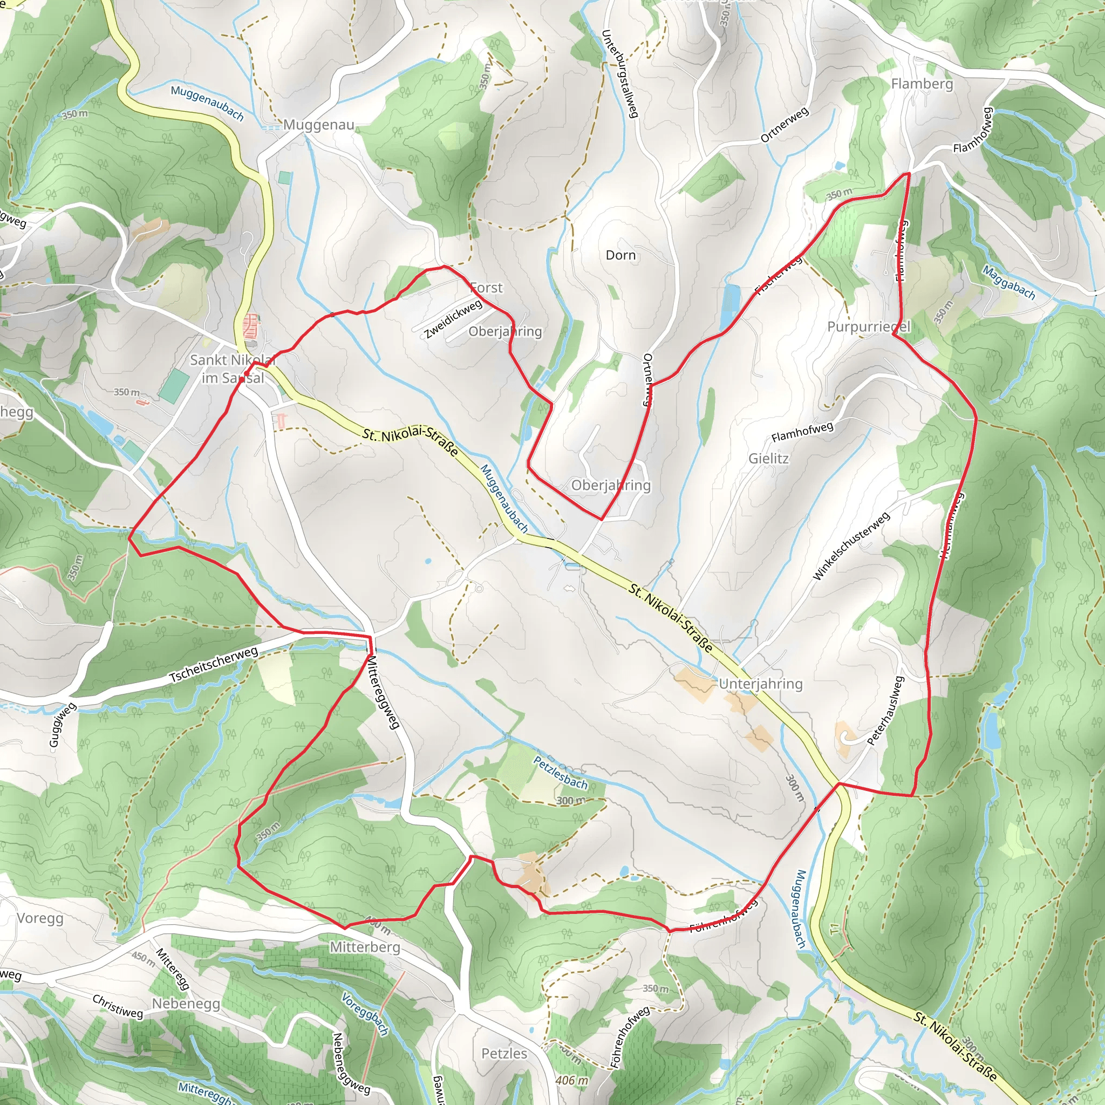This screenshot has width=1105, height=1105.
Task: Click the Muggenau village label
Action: [x=318, y=125]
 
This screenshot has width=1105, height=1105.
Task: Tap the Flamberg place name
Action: [x=922, y=84]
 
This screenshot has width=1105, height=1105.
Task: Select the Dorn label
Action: [x=620, y=255]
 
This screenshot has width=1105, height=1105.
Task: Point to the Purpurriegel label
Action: [x=868, y=326]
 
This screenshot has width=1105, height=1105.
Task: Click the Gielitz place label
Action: [x=768, y=459]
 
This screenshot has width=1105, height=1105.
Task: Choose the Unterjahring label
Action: [x=761, y=684]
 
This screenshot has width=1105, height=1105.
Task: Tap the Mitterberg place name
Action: [x=365, y=947]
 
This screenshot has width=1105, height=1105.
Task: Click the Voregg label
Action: [x=40, y=918]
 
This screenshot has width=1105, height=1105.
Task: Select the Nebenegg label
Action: [x=186, y=1004]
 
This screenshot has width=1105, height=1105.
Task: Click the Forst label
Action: [x=486, y=288]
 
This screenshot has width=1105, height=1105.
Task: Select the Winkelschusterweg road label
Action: [x=851, y=546]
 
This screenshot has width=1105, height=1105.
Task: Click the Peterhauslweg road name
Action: [x=885, y=711]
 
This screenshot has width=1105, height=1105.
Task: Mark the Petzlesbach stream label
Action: [x=560, y=772]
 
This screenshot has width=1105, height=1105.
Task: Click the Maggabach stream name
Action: [x=1009, y=283]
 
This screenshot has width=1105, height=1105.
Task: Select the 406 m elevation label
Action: [x=571, y=1080]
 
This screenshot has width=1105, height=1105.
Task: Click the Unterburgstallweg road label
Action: [x=620, y=74]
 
